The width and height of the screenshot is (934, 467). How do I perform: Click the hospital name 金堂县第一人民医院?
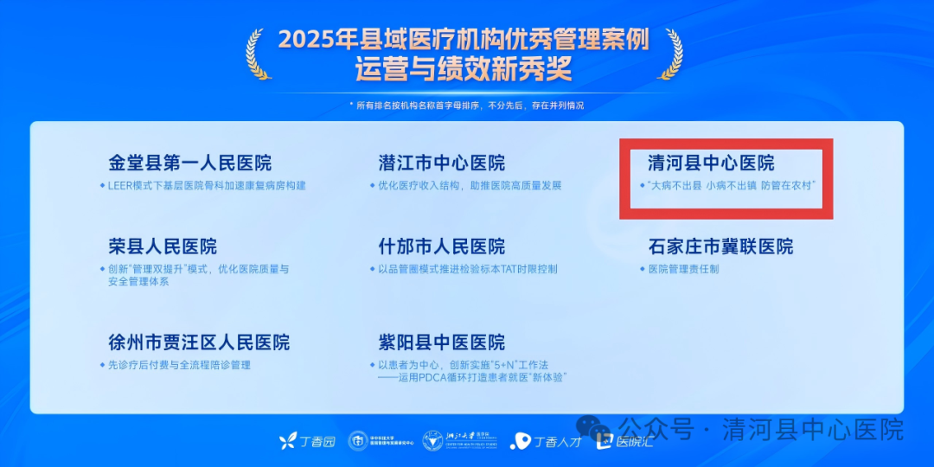189,163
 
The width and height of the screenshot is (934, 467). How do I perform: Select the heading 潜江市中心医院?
442,163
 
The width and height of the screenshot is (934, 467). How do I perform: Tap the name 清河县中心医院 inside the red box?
711,163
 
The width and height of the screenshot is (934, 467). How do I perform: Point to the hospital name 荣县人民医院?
163,246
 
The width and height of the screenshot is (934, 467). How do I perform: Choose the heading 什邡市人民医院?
442,246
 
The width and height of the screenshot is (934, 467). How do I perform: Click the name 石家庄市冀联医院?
720,246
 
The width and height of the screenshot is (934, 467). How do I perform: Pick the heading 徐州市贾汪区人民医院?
199,342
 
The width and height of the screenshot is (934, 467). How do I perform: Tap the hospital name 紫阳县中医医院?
442,342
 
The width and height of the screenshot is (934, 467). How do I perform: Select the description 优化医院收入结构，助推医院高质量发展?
470,185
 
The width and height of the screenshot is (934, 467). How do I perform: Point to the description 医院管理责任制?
683,269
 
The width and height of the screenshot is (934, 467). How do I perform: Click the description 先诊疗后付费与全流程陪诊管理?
179,365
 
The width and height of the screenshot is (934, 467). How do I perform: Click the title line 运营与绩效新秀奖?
464,69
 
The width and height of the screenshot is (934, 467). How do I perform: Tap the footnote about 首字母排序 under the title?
466,106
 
